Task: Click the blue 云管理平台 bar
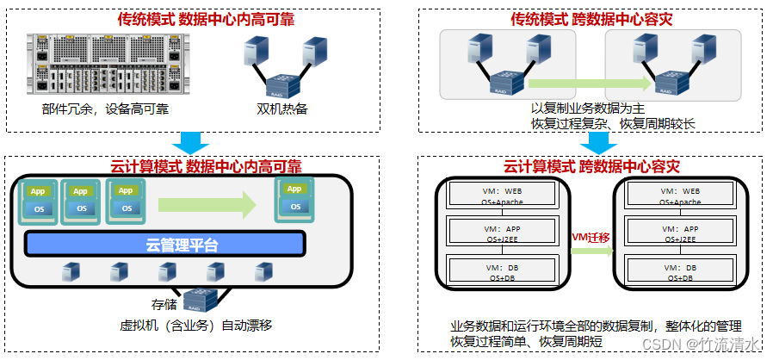(164, 245)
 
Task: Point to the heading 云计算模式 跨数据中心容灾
(591, 166)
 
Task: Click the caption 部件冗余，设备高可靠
(105, 109)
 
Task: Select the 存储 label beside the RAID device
(164, 303)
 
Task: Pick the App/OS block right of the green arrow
(294, 199)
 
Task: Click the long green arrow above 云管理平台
(207, 205)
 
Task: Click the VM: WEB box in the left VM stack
(492, 194)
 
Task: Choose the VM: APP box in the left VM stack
(492, 233)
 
